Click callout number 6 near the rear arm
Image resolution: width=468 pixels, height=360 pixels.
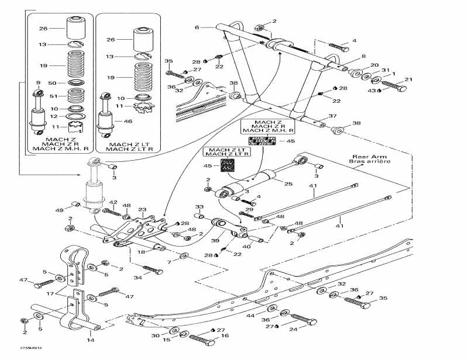pos(197,27)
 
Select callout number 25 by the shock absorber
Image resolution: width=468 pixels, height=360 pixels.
pos(288,185)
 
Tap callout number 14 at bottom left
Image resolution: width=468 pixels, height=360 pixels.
pos(91,340)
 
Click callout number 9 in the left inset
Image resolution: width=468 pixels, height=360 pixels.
pos(38,82)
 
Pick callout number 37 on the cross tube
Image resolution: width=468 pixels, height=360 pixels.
pos(332,116)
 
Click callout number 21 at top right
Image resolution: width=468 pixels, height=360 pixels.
pos(409,79)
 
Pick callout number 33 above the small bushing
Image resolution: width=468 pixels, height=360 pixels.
pos(199,207)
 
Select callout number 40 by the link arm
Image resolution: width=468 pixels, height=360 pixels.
pos(246,246)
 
